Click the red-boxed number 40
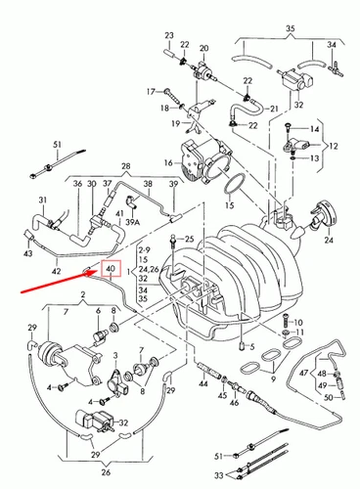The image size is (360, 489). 111,267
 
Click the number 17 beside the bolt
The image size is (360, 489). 152,91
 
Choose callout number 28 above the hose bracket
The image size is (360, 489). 126,167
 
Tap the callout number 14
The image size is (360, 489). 316,129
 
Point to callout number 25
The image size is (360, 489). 190,240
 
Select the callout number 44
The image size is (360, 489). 202,387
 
